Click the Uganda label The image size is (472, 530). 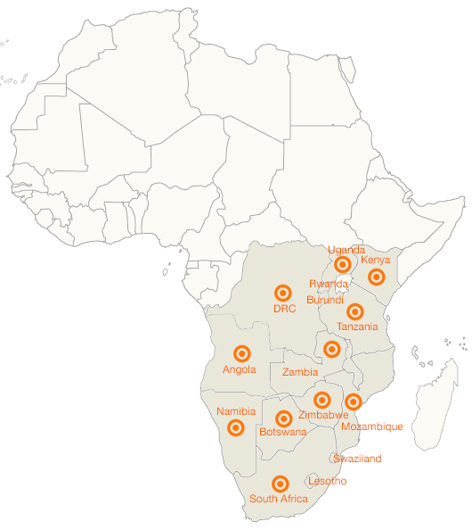(x=346, y=250)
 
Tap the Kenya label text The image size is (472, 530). (x=376, y=260)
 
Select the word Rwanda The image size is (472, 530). (x=328, y=284)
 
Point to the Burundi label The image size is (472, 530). (x=325, y=300)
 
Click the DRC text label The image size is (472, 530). (x=284, y=309)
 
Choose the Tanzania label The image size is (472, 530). (x=357, y=327)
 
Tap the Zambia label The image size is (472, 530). (x=300, y=371)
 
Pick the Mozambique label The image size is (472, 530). (x=372, y=426)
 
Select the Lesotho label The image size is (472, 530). (x=327, y=482)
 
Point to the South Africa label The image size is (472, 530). (x=279, y=499)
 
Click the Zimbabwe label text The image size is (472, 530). (x=323, y=415)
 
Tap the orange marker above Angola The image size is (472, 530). (x=240, y=353)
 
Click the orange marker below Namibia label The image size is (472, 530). (x=236, y=427)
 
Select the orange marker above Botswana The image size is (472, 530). (x=284, y=418)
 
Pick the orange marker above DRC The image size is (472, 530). (x=283, y=292)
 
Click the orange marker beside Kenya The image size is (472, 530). (x=377, y=277)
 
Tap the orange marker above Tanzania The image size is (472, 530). (x=355, y=311)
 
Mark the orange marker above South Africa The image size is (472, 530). (x=281, y=483)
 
